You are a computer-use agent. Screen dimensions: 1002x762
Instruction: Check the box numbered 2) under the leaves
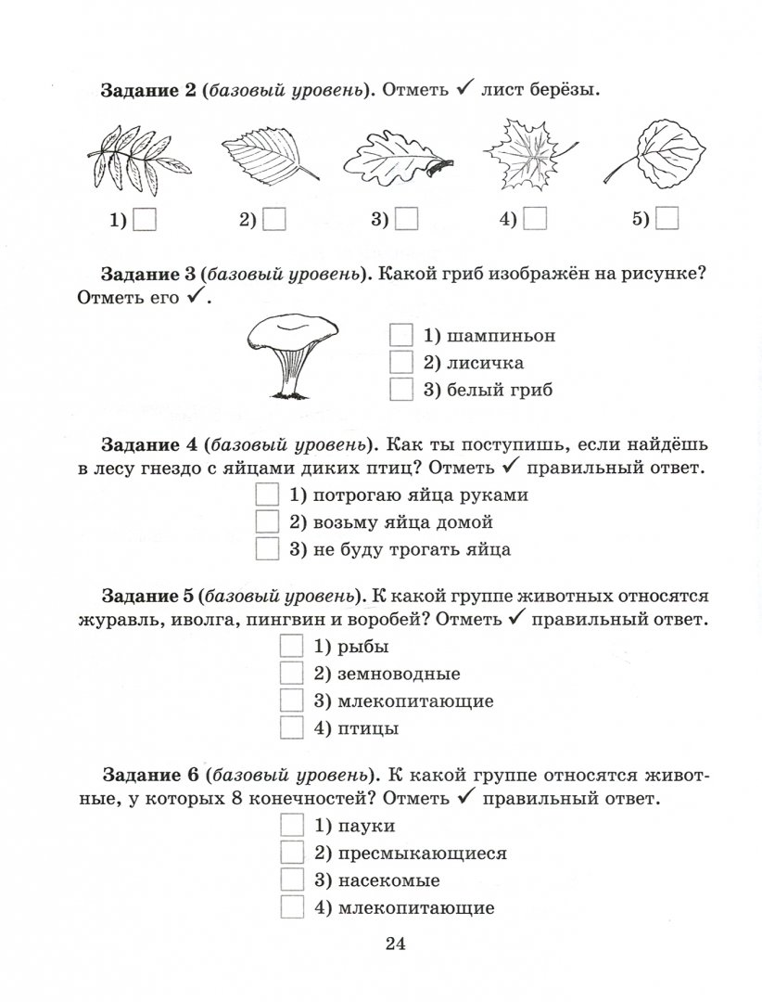pos(274,219)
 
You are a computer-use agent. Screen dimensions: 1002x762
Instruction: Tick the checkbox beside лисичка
pos(401,362)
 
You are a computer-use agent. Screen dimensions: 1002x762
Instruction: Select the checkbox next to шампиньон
pos(401,335)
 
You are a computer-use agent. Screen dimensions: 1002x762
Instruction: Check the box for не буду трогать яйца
pos(267,548)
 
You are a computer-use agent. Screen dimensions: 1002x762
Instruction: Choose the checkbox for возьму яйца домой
pos(267,521)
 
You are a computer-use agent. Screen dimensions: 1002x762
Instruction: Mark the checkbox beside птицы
pos(292,728)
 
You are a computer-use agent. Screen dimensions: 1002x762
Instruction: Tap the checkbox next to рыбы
pos(292,647)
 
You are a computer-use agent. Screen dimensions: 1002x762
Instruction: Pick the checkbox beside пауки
pos(292,826)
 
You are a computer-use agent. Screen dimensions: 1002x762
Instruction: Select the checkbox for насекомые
pos(292,880)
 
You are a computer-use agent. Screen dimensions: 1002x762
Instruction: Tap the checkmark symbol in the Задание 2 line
pos(466,90)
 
